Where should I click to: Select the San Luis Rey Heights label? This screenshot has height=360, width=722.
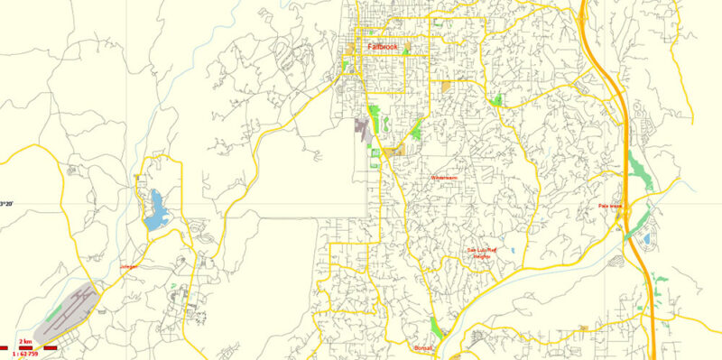point(482,253)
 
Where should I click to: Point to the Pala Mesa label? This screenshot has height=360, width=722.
point(611,206)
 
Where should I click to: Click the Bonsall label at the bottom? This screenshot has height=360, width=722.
point(423,347)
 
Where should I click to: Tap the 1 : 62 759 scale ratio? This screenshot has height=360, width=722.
point(28,353)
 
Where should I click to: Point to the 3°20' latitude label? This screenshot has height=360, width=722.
point(6,205)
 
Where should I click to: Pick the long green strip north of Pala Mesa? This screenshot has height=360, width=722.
point(637,167)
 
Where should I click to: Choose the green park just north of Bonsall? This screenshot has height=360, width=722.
point(438,324)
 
